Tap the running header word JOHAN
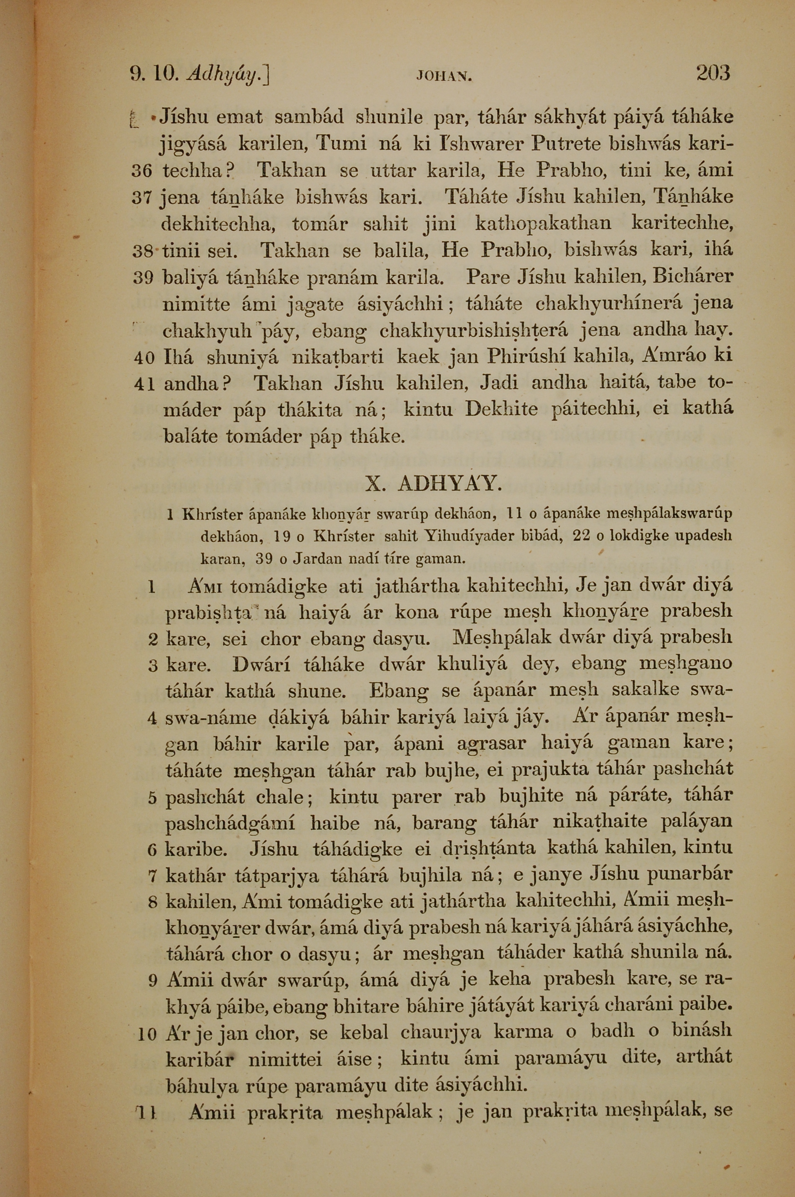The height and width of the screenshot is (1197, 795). pyautogui.click(x=444, y=77)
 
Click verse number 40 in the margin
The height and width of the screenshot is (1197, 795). pyautogui.click(x=144, y=358)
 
